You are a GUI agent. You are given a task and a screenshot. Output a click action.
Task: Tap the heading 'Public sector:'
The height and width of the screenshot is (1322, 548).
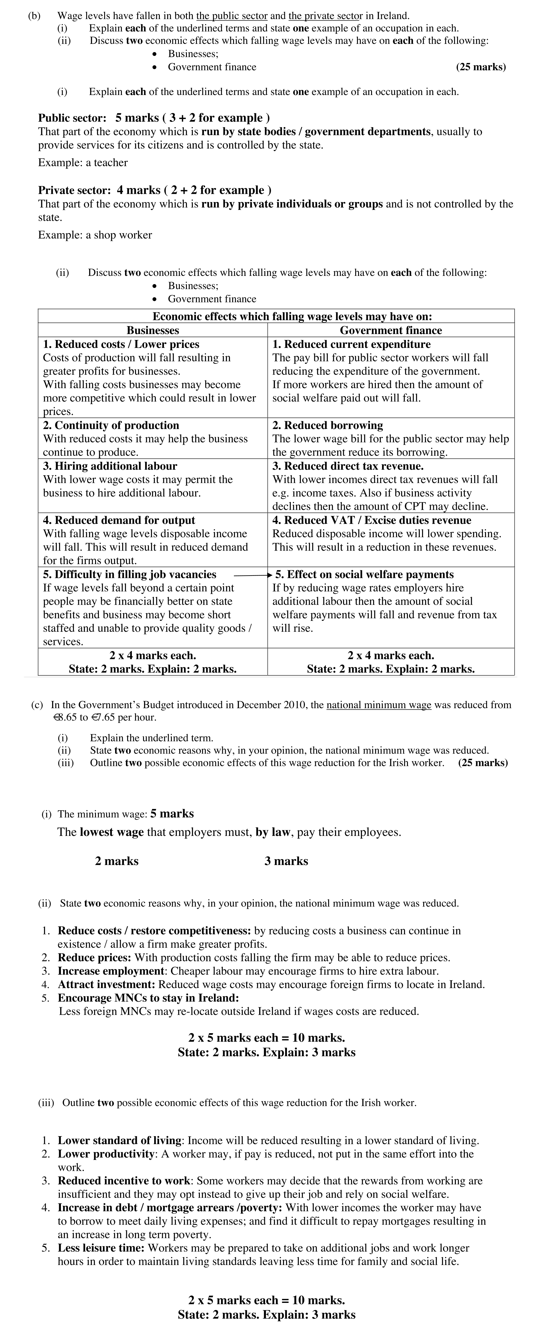[x=72, y=118]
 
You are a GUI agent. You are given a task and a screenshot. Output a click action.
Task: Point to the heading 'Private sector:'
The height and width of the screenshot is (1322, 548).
[x=74, y=190]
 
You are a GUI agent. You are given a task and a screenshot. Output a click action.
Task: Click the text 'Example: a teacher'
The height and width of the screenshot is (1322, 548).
[x=83, y=163]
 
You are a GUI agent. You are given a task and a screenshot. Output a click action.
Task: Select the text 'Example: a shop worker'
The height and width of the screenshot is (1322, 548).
[x=95, y=235]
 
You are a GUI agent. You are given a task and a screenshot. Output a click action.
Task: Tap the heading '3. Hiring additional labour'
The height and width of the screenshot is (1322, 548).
[x=110, y=466]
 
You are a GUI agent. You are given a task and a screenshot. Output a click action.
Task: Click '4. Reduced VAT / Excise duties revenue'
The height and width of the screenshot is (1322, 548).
[x=371, y=520]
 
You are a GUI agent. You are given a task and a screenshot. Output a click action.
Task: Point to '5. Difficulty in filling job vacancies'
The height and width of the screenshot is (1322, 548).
[x=129, y=574]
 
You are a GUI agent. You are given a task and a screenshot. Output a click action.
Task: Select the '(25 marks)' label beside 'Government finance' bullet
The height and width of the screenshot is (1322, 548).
[x=481, y=67]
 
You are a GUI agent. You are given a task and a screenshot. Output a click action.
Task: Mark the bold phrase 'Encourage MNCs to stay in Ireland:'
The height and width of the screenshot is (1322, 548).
[x=148, y=998]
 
